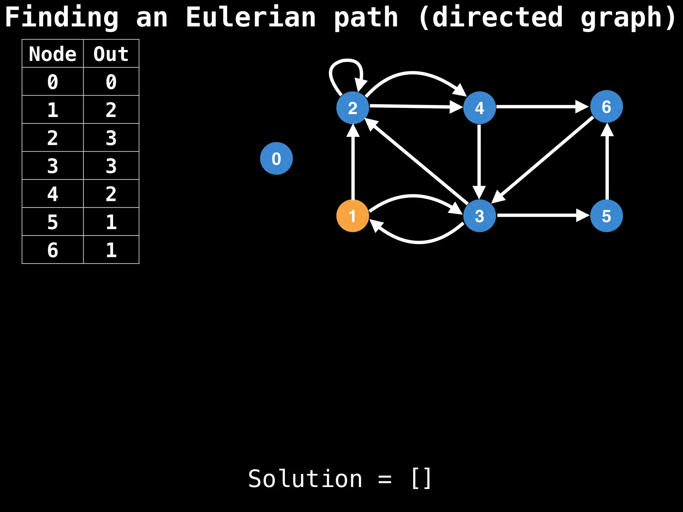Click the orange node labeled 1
coord(353,216)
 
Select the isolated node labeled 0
coord(276,158)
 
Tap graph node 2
coord(353,108)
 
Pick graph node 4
coord(479,108)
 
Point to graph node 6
coord(606,107)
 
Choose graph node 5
coord(606,216)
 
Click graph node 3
coord(479,216)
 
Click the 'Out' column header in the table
coord(111,54)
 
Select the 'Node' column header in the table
coord(53,54)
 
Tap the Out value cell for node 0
coord(111,82)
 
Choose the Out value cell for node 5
coord(111,222)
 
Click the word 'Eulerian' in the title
coord(250,17)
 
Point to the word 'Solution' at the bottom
coord(305,479)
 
